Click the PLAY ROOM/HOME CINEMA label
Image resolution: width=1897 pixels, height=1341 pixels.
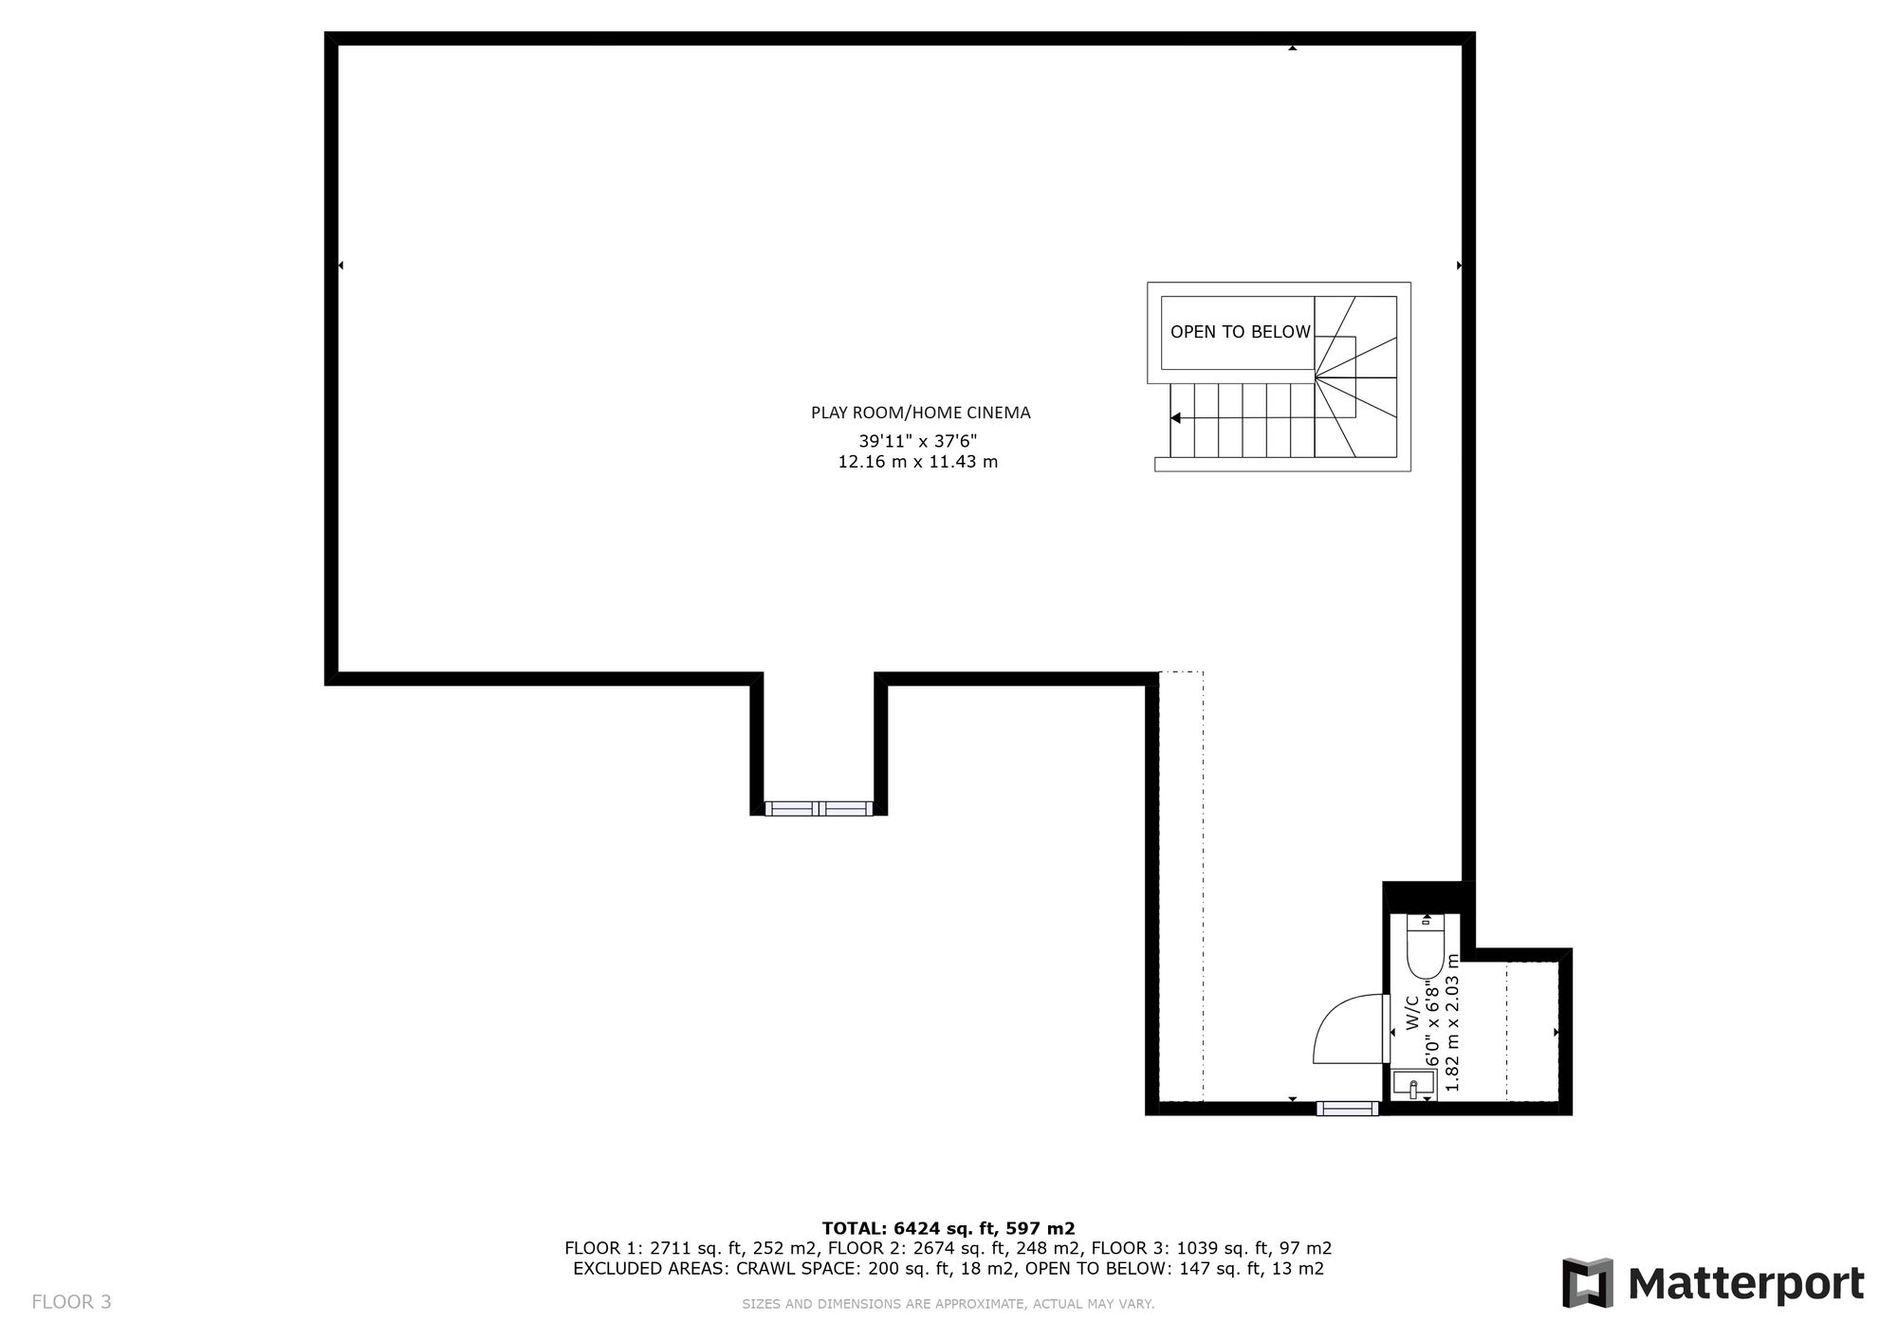point(920,413)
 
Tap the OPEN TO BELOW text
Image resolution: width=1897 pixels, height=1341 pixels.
point(1240,332)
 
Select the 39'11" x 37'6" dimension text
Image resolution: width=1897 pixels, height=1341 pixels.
point(917,441)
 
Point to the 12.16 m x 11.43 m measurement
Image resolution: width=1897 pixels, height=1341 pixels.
point(917,463)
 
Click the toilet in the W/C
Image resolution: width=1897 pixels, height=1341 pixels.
point(1425,945)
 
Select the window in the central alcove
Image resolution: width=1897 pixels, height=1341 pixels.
point(819,809)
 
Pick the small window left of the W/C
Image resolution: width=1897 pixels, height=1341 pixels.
point(1347,1109)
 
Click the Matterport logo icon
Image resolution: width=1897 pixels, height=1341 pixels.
point(1588,1283)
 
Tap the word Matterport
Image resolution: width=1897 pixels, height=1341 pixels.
point(1746,1284)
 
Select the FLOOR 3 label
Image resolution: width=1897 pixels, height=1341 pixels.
point(71,1302)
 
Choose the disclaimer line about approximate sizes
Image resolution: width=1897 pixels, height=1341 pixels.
point(948,1304)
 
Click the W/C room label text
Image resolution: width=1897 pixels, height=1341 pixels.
point(1411,1012)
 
